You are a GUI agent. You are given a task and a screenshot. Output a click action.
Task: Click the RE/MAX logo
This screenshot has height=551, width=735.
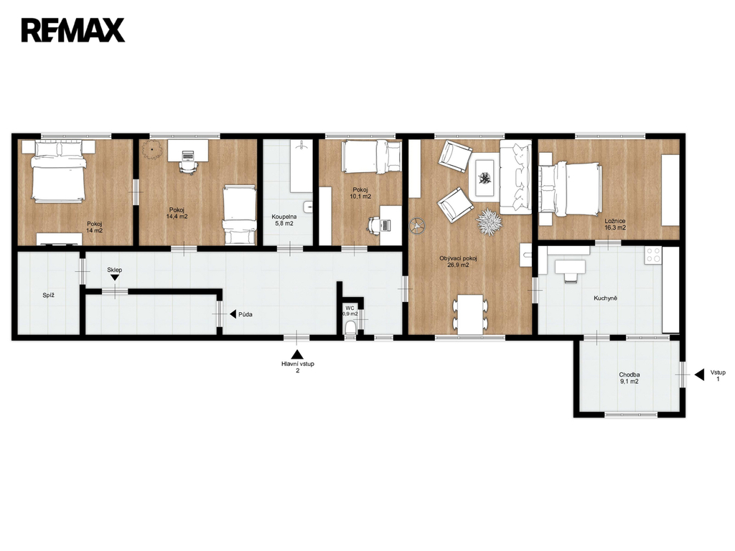[73, 30]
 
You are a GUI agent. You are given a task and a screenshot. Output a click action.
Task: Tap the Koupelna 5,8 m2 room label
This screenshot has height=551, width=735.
[284, 220]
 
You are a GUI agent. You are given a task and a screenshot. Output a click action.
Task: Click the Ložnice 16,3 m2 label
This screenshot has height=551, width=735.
[615, 225]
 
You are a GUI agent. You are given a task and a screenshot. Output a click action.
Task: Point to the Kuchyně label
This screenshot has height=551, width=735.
[605, 298]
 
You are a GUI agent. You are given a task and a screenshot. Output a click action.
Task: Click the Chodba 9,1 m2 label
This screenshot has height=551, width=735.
[629, 378]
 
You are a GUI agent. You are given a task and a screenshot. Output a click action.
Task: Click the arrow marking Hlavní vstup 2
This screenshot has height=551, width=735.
[297, 354]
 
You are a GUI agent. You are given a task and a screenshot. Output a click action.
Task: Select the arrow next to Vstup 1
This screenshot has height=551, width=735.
[699, 375]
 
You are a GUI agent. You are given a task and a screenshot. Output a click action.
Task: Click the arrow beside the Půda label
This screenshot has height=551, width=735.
[233, 314]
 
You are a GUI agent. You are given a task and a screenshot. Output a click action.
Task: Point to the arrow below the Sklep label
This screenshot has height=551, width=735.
[114, 278]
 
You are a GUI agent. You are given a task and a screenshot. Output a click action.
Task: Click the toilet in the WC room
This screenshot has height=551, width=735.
[350, 329]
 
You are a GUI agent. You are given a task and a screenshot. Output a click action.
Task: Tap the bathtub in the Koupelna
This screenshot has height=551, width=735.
[301, 166]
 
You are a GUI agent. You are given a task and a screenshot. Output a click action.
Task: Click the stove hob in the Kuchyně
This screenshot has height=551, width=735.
[653, 255]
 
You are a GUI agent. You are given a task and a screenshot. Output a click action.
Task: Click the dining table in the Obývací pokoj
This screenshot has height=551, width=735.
[471, 314]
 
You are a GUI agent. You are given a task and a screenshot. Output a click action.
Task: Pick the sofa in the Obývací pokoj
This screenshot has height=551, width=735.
[515, 177]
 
